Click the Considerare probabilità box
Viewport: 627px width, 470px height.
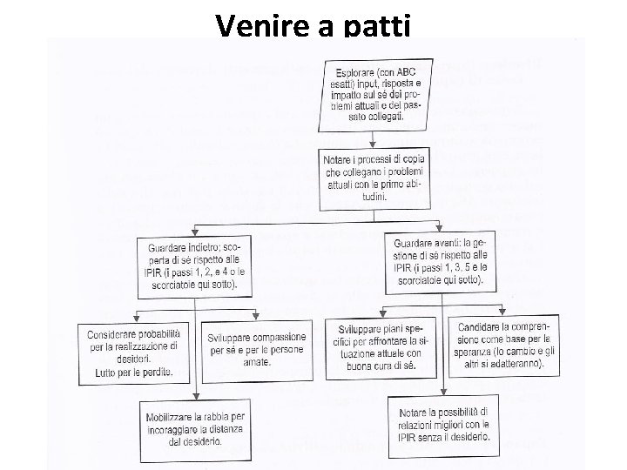tap(138, 352)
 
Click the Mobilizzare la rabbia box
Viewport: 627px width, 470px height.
tap(197, 426)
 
